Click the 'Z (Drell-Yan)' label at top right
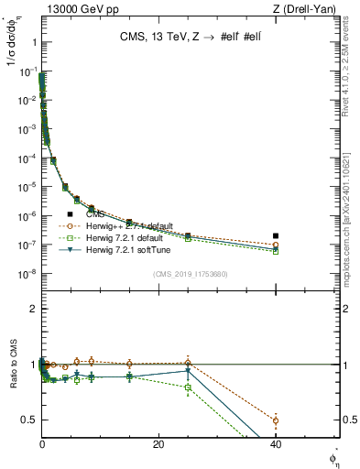click(x=311, y=9)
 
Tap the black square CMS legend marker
click(x=70, y=213)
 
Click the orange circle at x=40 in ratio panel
click(x=275, y=420)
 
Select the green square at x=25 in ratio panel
click(x=188, y=387)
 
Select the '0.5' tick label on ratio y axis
click(x=28, y=420)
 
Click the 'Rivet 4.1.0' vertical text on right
click(x=353, y=78)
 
